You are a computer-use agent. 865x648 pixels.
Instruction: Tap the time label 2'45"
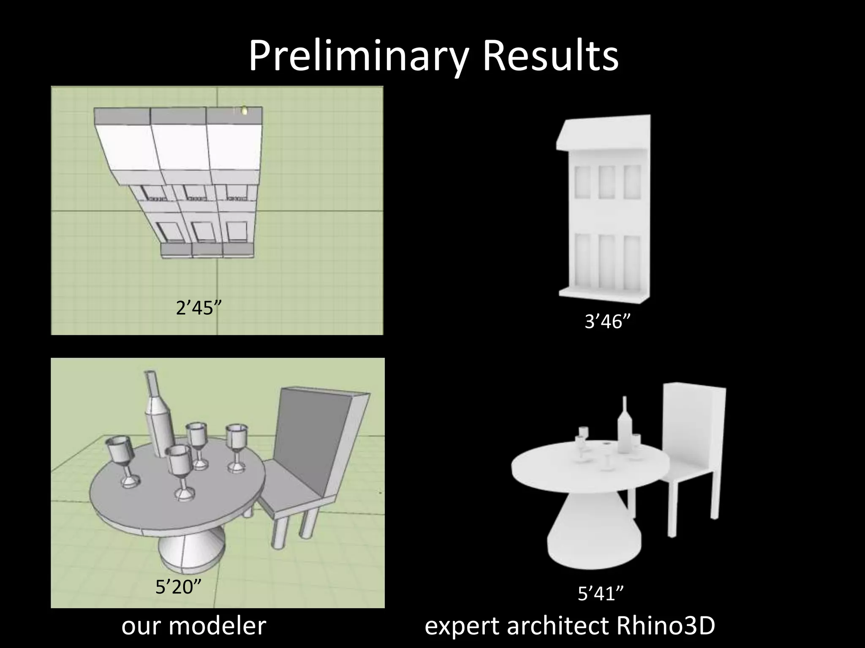pos(199,308)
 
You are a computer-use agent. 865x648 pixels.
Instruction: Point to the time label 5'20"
pos(178,587)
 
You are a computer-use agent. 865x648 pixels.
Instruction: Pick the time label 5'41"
pos(601,594)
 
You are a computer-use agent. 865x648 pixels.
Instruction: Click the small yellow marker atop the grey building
pos(245,111)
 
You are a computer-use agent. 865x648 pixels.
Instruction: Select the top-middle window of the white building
pos(607,182)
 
